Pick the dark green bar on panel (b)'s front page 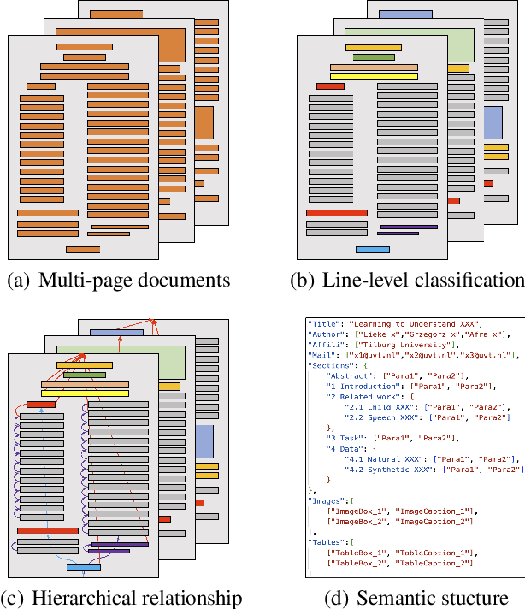(373, 57)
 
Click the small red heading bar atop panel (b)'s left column (330, 86)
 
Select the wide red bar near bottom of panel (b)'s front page (336, 212)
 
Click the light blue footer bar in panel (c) (83, 566)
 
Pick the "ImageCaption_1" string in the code (435, 511)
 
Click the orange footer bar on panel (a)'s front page (83, 250)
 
